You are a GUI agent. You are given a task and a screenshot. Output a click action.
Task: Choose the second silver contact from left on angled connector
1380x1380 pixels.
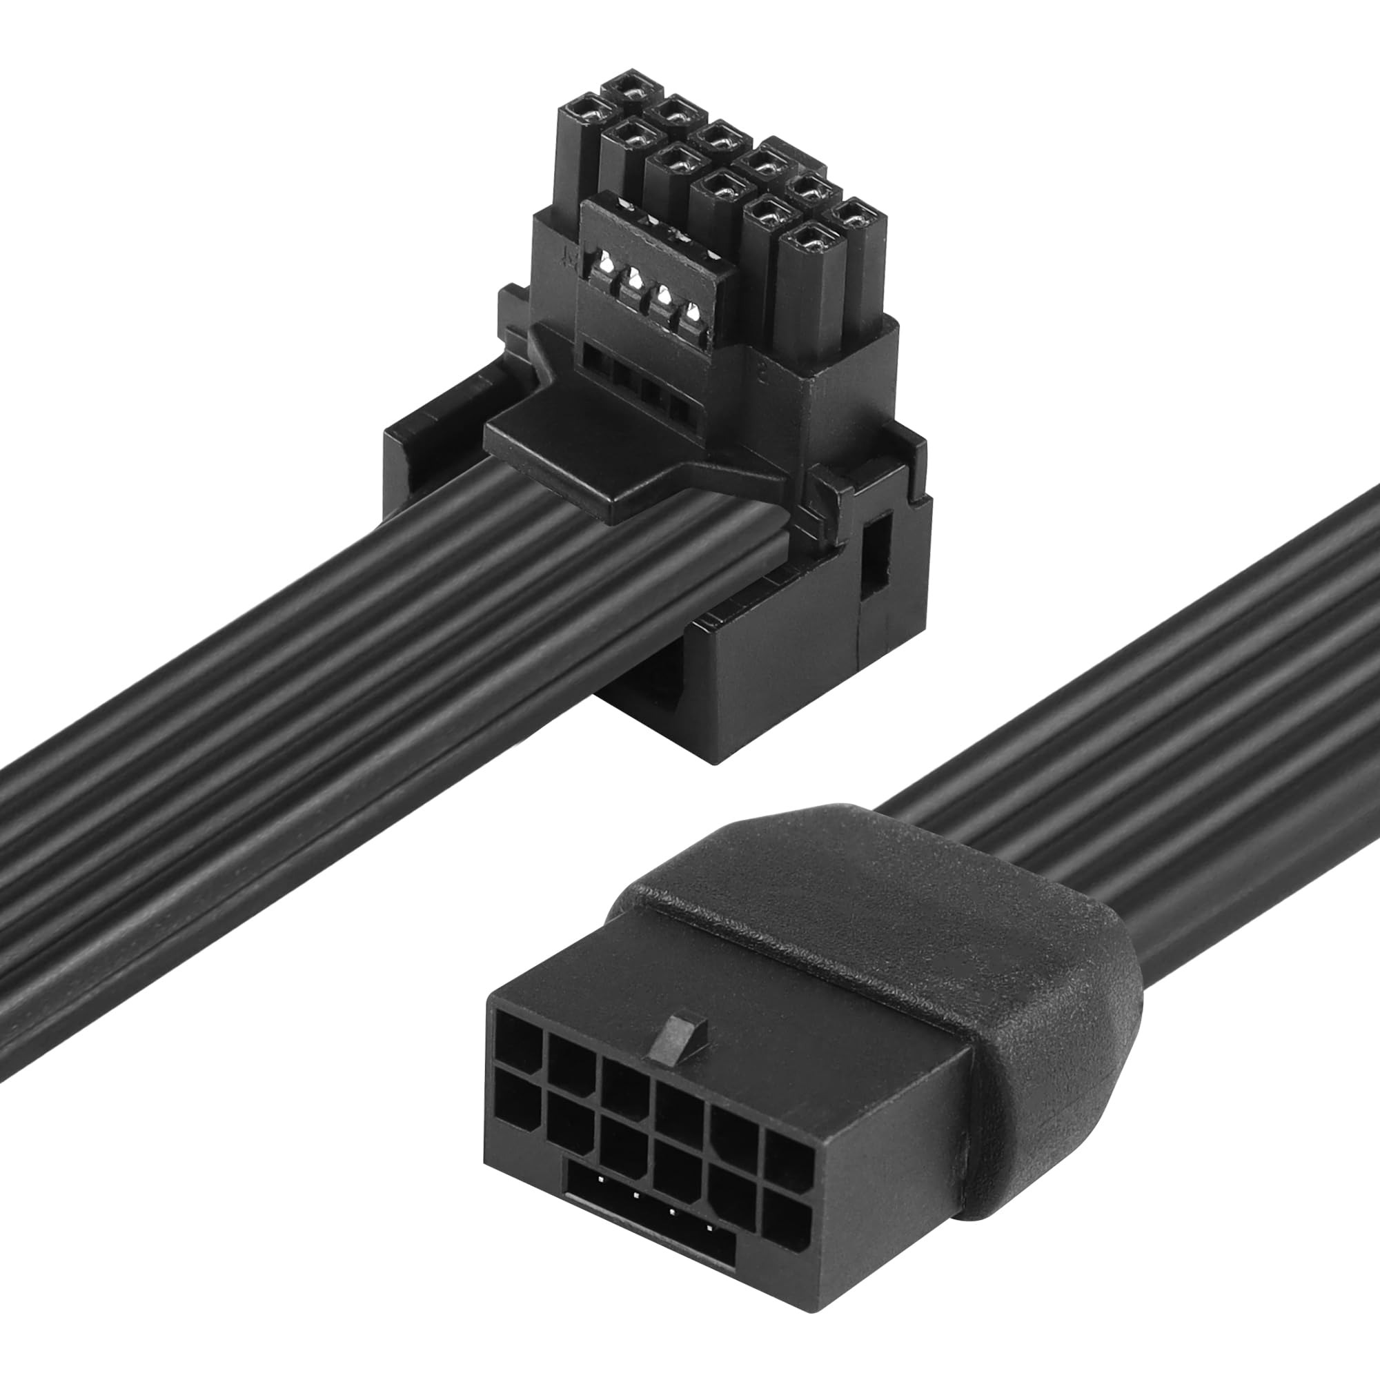631,282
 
